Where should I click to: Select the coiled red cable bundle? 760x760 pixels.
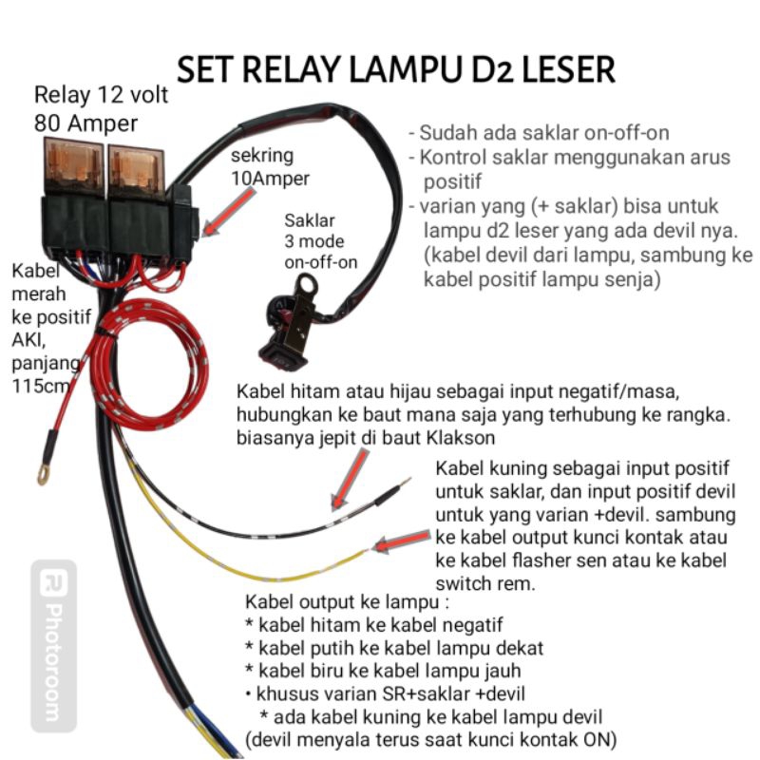(152, 361)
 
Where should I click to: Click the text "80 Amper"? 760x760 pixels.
(85, 123)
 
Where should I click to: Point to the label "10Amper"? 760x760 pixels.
(269, 178)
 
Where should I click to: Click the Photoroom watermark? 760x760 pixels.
(53, 646)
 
